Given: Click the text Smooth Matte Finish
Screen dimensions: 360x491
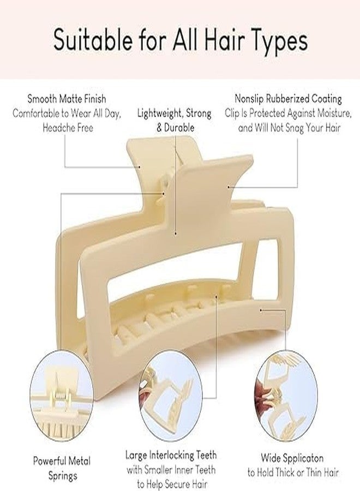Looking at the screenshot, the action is (67, 99).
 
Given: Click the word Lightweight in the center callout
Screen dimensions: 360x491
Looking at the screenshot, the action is (159, 113).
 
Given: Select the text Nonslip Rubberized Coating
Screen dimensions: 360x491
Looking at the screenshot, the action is (288, 99).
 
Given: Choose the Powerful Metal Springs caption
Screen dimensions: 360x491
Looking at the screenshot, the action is (62, 468).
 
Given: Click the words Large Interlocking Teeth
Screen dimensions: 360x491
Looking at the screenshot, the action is (171, 454).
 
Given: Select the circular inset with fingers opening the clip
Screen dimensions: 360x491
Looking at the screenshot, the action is (286, 396).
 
